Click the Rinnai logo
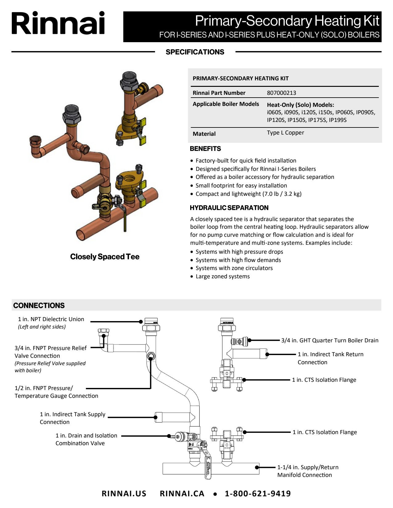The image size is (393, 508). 58,23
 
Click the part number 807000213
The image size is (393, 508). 281,93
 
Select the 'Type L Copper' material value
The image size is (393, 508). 285,133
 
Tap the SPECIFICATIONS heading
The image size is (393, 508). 195,52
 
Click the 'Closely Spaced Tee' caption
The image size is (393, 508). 105,257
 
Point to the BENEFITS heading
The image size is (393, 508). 205,149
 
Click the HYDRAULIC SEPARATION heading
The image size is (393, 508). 229,208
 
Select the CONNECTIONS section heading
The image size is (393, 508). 39,305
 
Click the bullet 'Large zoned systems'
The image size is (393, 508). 223,276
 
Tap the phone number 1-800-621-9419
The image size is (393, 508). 258,494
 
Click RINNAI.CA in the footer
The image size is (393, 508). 182,494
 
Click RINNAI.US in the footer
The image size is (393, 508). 124,494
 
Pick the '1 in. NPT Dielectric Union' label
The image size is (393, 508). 51,319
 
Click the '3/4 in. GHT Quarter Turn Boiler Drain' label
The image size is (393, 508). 330,341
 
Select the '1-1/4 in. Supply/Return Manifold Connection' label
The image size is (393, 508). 308,471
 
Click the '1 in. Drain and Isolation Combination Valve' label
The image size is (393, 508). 86,439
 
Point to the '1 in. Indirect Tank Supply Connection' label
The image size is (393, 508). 72,418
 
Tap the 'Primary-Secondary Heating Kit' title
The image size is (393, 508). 287,21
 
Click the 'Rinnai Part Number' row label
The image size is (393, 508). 219,93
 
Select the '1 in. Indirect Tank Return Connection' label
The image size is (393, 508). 330,358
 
